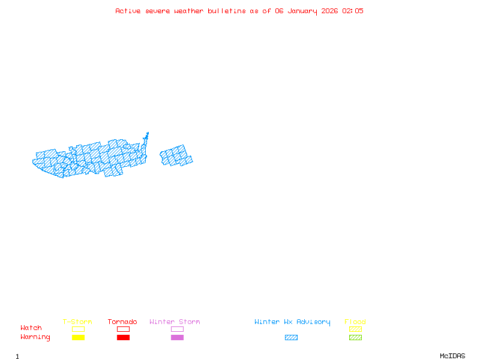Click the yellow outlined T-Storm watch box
pyautogui.click(x=78, y=329)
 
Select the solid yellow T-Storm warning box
pyautogui.click(x=78, y=337)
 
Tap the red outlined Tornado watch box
pyautogui.click(x=123, y=329)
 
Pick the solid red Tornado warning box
pyautogui.click(x=123, y=337)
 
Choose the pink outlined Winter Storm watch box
pyautogui.click(x=177, y=329)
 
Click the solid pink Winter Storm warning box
pyautogui.click(x=177, y=337)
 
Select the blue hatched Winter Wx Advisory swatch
pyautogui.click(x=291, y=337)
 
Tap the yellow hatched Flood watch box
pyautogui.click(x=355, y=329)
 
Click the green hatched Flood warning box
pyautogui.click(x=355, y=337)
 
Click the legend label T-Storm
pyautogui.click(x=77, y=322)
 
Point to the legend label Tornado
pyautogui.click(x=122, y=322)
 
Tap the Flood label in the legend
pyautogui.click(x=355, y=322)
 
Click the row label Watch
pyautogui.click(x=31, y=328)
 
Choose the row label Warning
pyautogui.click(x=35, y=337)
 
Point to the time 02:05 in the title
pyautogui.click(x=353, y=11)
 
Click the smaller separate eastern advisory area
pyautogui.click(x=176, y=156)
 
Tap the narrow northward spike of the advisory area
pyautogui.click(x=146, y=138)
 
